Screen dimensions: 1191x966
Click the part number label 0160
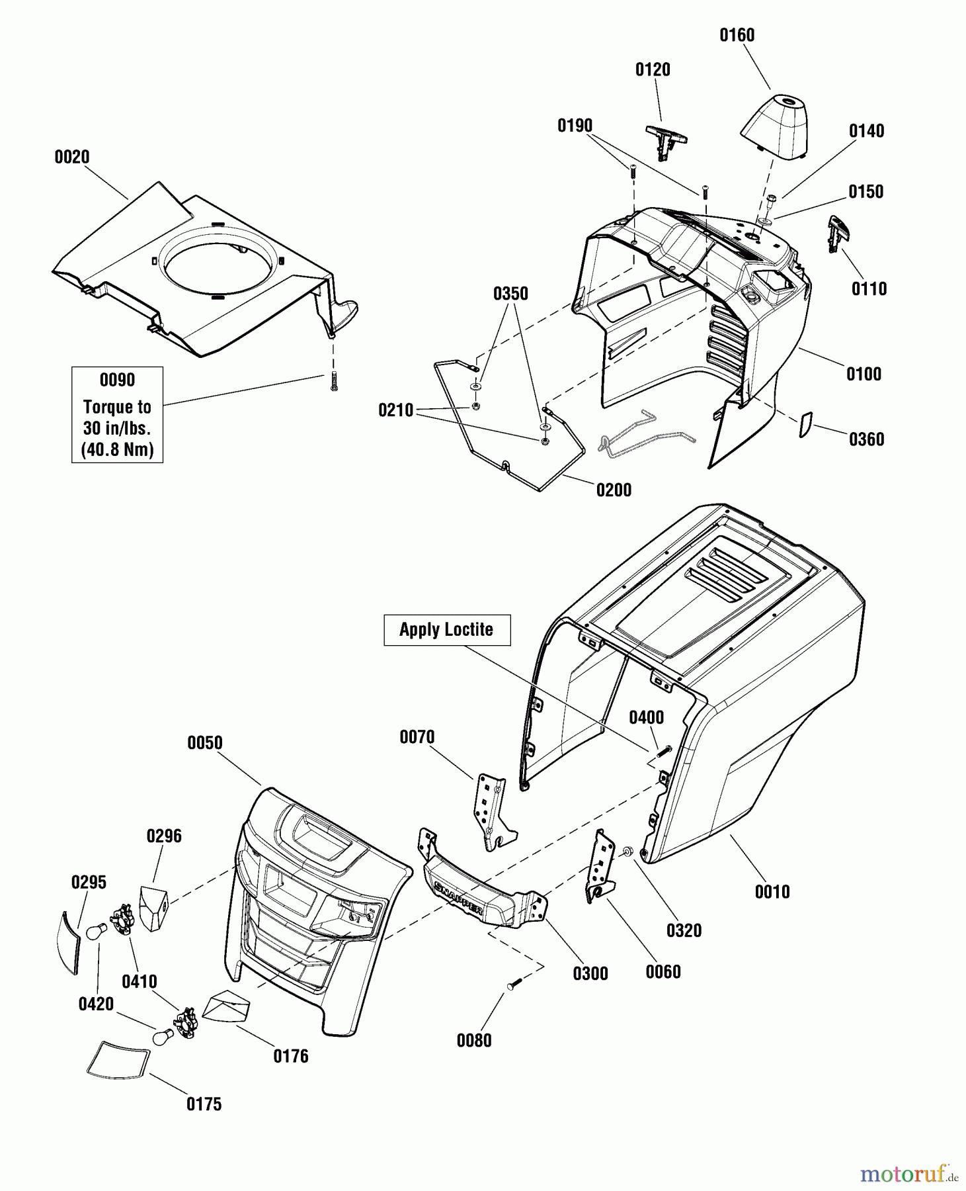click(737, 35)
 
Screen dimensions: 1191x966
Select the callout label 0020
click(71, 157)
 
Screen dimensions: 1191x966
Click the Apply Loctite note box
click(447, 630)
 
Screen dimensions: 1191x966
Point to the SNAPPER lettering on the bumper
click(458, 897)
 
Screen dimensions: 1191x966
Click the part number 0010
click(772, 892)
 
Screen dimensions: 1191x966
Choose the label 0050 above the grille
click(205, 742)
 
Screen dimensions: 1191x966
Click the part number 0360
click(866, 439)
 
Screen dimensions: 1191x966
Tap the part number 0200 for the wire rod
click(614, 490)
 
